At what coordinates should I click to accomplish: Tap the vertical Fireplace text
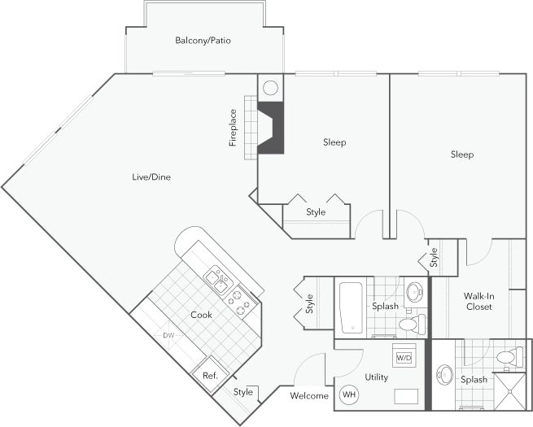click(233, 128)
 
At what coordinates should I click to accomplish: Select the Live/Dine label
click(151, 176)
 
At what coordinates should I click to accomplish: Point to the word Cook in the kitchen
click(202, 315)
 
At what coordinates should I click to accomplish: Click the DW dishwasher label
click(168, 335)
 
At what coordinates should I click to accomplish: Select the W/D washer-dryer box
click(403, 357)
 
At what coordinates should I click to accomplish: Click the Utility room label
click(376, 377)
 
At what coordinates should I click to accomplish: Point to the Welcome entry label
click(309, 396)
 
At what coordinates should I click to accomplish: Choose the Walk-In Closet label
click(478, 301)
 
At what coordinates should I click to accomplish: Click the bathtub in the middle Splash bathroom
click(351, 307)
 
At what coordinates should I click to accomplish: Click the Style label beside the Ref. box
click(242, 393)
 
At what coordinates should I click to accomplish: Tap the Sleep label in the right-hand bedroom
click(462, 154)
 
